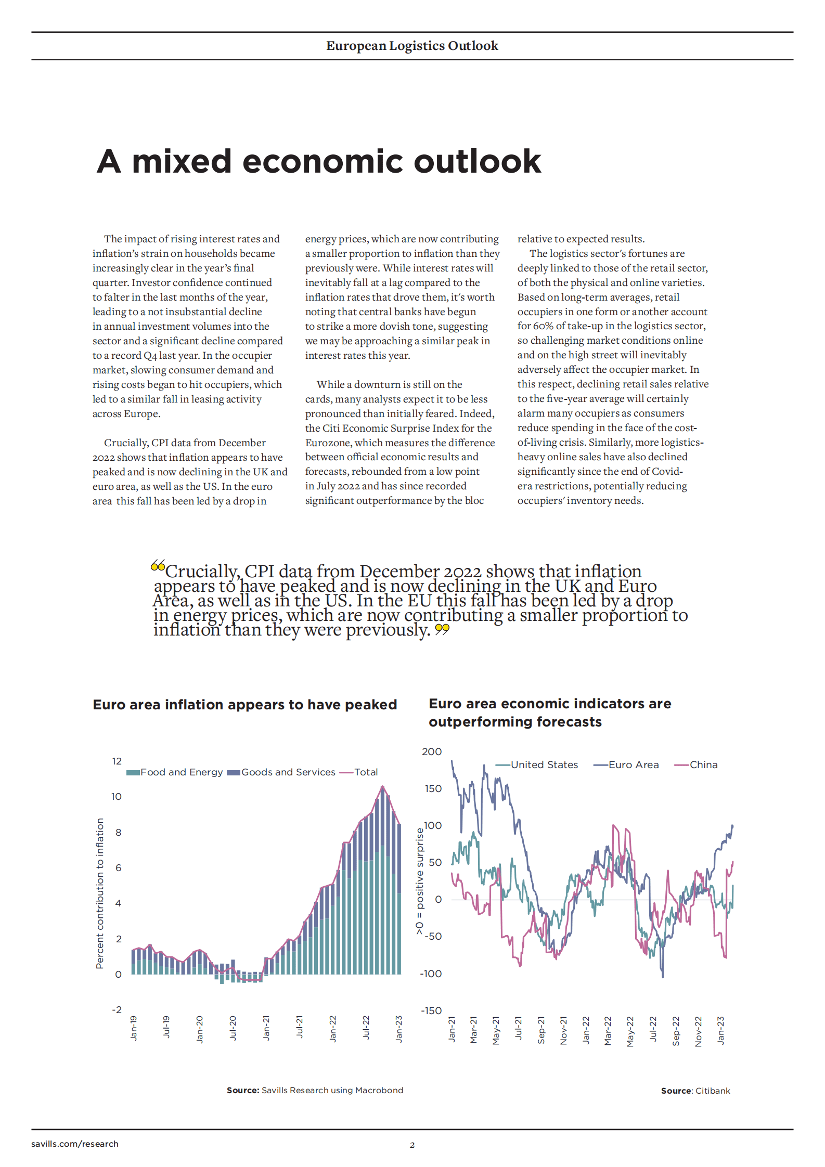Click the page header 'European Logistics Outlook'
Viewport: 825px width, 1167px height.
pos(412,46)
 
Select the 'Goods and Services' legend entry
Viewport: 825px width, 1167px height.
pos(288,772)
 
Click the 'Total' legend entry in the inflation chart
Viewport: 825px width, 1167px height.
pos(366,772)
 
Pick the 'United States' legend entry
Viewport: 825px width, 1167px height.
pos(544,764)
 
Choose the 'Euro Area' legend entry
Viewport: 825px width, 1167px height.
pos(633,764)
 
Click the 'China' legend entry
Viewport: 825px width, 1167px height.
pos(703,764)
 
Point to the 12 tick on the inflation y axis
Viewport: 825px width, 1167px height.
pos(117,761)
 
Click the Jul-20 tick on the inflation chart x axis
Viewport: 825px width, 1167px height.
pos(233,1028)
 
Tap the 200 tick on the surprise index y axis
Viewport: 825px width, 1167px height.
pos(431,751)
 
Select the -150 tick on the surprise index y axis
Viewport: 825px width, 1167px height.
pos(431,1010)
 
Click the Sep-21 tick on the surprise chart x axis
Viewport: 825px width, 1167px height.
pos(541,1030)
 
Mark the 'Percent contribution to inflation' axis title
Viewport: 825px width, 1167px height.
pos(100,893)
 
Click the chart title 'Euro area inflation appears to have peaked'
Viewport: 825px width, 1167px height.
pos(244,705)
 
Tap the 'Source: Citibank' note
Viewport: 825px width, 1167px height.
pos(695,1091)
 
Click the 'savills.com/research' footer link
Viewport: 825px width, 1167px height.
pos(75,1144)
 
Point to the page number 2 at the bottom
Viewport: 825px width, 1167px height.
pos(412,1145)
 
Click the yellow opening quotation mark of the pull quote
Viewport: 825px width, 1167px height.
pos(158,566)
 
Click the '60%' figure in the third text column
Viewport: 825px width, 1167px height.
pos(543,326)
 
